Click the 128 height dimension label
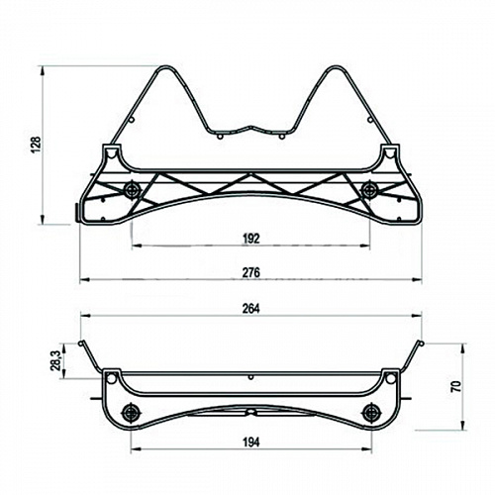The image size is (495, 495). (36, 144)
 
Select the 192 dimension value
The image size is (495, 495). (251, 239)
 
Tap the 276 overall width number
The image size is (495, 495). (251, 272)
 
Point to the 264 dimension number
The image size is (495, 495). (251, 309)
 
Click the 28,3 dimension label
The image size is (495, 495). (55, 360)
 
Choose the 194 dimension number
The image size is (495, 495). (251, 442)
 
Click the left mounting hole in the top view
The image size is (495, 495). (133, 190)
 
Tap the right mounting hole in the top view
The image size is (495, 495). (370, 190)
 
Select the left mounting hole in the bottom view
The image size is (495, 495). (131, 412)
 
